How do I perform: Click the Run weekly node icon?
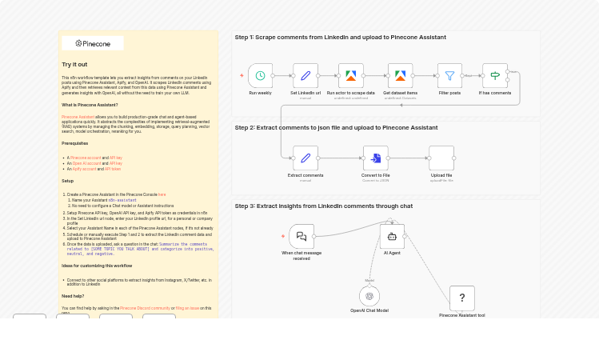pos(260,76)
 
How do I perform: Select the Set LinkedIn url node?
pos(305,76)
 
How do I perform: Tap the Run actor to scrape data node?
pos(350,76)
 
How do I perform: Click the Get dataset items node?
pos(400,76)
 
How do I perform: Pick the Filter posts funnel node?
pos(449,76)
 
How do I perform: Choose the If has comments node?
pos(494,76)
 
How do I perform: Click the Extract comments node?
pos(305,158)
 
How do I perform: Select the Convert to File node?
pos(375,158)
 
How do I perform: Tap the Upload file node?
pos(441,158)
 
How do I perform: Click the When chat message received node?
pos(301,236)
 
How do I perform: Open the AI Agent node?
pos(392,236)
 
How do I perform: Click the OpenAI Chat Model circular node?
pos(369,296)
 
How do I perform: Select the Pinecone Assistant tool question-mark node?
pos(462,298)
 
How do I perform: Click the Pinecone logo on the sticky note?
pos(93,43)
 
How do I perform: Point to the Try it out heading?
pos(75,64)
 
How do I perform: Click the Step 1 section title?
pos(340,38)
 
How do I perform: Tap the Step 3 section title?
pos(323,206)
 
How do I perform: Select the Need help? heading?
pos(73,296)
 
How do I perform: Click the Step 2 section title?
pos(336,127)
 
